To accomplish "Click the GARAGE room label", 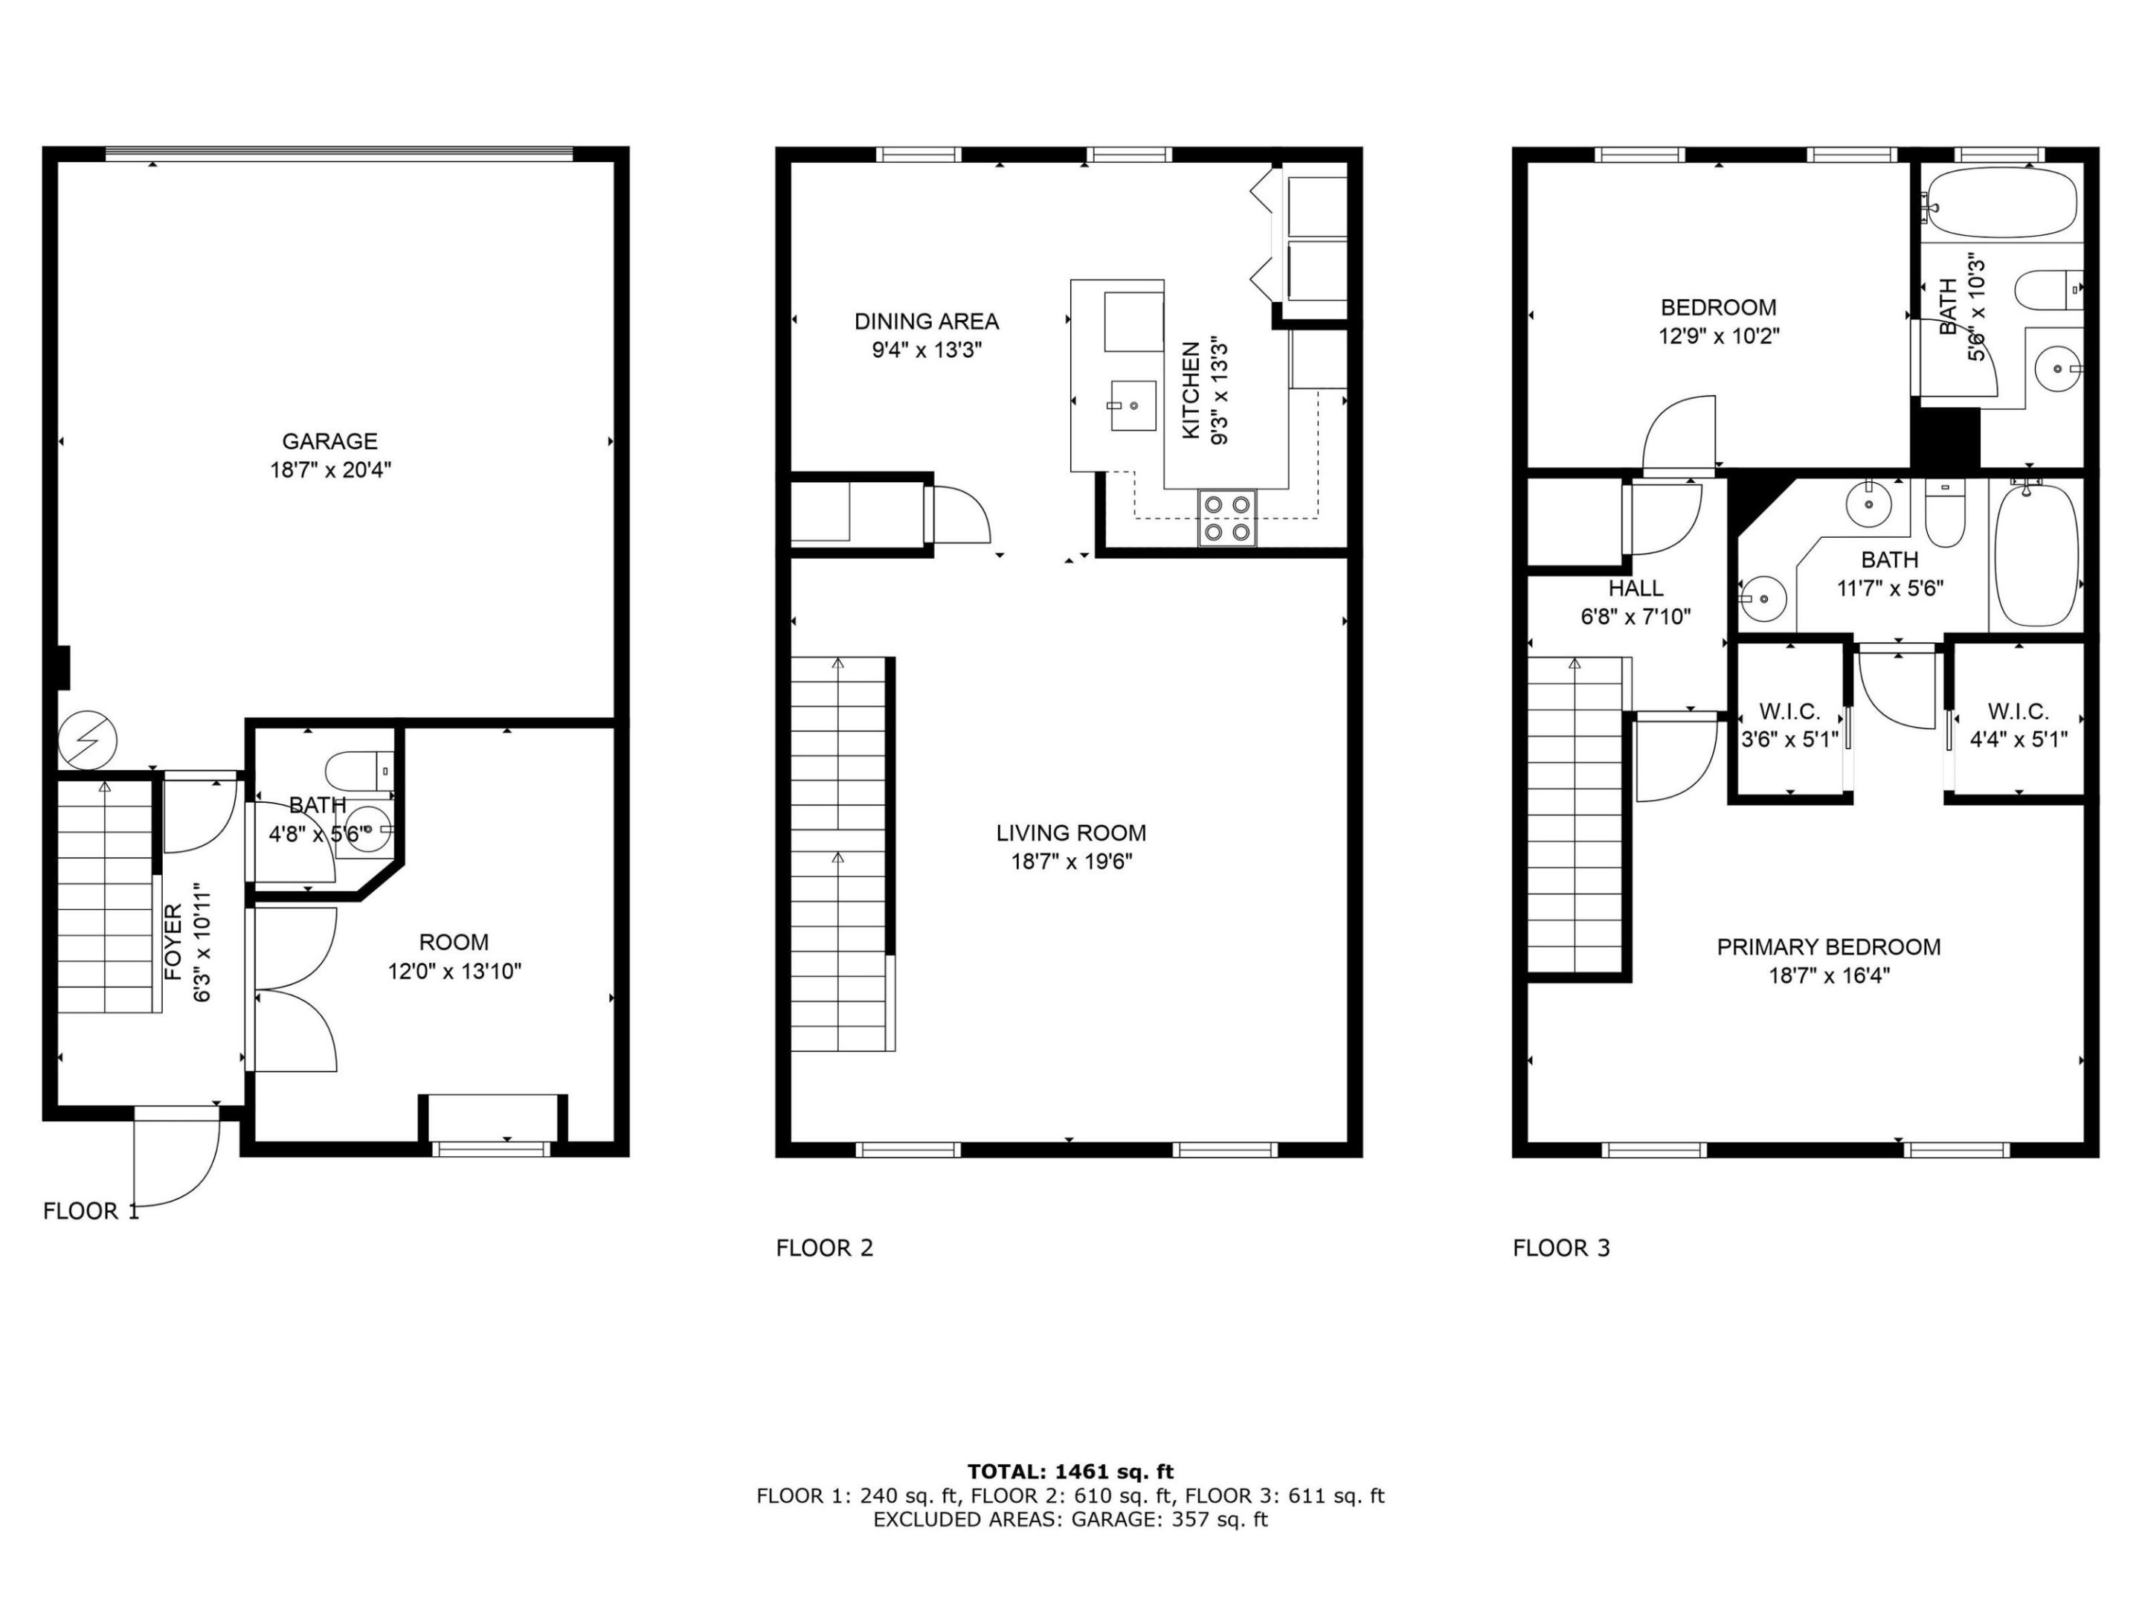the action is coord(329,442).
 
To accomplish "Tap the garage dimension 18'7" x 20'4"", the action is coord(330,471).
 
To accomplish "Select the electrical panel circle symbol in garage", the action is coord(87,742).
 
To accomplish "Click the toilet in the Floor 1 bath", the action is coord(360,771).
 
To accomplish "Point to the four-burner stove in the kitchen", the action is coord(1227,519).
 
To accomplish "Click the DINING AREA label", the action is coord(927,321).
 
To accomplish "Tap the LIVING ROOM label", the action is coord(1071,833).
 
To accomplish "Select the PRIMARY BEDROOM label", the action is coord(1829,947).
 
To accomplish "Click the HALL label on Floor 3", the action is coord(1636,588).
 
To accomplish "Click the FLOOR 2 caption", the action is coord(825,1248).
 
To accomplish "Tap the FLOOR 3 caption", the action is coord(1562,1248).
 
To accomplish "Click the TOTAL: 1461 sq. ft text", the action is coord(1070,1472).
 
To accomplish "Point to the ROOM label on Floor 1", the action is coord(454,943).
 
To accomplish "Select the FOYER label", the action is coord(173,942).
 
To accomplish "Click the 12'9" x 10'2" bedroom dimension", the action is coord(1719,336).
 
